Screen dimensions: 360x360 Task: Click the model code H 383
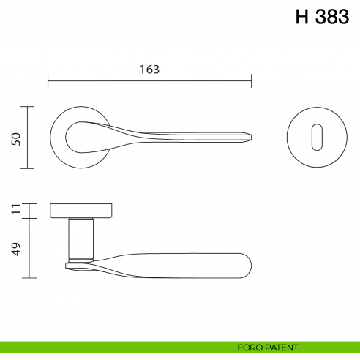click(x=322, y=18)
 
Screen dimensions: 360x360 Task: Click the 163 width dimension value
click(x=149, y=69)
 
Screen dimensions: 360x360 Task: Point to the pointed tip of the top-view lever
click(x=253, y=137)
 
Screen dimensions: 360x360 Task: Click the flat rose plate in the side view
click(x=80, y=211)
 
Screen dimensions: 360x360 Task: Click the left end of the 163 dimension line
click(x=48, y=80)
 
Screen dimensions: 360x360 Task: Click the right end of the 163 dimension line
click(x=252, y=80)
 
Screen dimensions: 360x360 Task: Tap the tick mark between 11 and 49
click(x=29, y=218)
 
